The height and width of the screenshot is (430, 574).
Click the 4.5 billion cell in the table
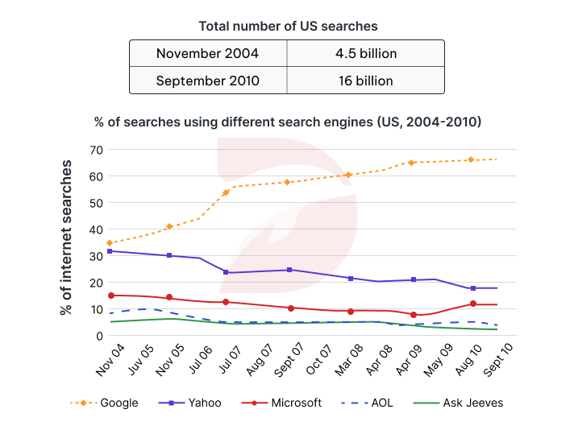coord(365,54)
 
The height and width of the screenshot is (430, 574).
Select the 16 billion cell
coord(365,81)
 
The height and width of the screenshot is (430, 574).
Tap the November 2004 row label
coord(207,54)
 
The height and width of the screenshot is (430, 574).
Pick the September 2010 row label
coord(207,81)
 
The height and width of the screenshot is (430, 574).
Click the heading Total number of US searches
coord(287,26)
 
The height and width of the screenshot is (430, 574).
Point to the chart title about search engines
coord(288,122)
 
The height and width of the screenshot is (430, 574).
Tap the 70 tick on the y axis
coord(95,150)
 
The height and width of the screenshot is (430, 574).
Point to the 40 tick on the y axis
coord(95,229)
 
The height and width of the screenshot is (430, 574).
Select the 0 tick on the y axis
coord(99,336)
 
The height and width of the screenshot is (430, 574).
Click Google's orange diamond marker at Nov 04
coord(110,242)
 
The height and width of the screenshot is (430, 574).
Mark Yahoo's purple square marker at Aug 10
coord(473,288)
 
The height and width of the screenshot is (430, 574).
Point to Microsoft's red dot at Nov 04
coord(110,296)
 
